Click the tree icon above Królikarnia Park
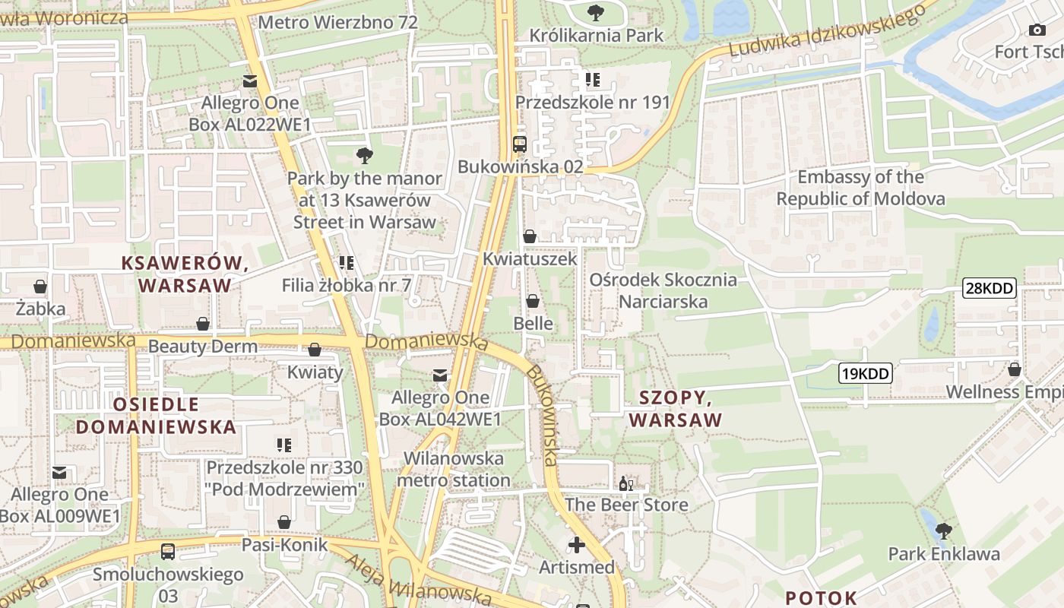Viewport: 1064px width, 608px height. (595, 12)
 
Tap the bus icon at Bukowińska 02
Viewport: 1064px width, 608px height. (520, 144)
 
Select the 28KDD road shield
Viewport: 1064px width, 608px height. (989, 288)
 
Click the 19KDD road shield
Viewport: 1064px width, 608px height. (865, 373)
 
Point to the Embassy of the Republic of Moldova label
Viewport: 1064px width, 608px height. (860, 188)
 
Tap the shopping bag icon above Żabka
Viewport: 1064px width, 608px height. (40, 287)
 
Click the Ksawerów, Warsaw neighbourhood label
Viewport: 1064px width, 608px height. (185, 274)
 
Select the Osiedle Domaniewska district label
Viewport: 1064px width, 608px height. (156, 415)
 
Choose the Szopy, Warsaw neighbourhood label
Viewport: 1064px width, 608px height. (676, 409)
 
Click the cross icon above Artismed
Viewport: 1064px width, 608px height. (577, 544)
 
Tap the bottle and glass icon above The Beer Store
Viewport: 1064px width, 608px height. (626, 483)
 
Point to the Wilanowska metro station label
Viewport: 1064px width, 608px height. (454, 470)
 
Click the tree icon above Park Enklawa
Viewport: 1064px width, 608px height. (944, 530)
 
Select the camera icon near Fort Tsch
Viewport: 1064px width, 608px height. (1037, 30)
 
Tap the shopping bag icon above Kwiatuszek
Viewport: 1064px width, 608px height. (530, 236)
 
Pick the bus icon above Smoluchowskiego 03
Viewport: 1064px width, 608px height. (168, 551)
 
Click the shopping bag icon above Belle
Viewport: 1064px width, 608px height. (533, 301)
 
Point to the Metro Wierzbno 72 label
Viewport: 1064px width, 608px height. (337, 22)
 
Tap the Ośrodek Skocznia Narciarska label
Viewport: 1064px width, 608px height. (663, 290)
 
